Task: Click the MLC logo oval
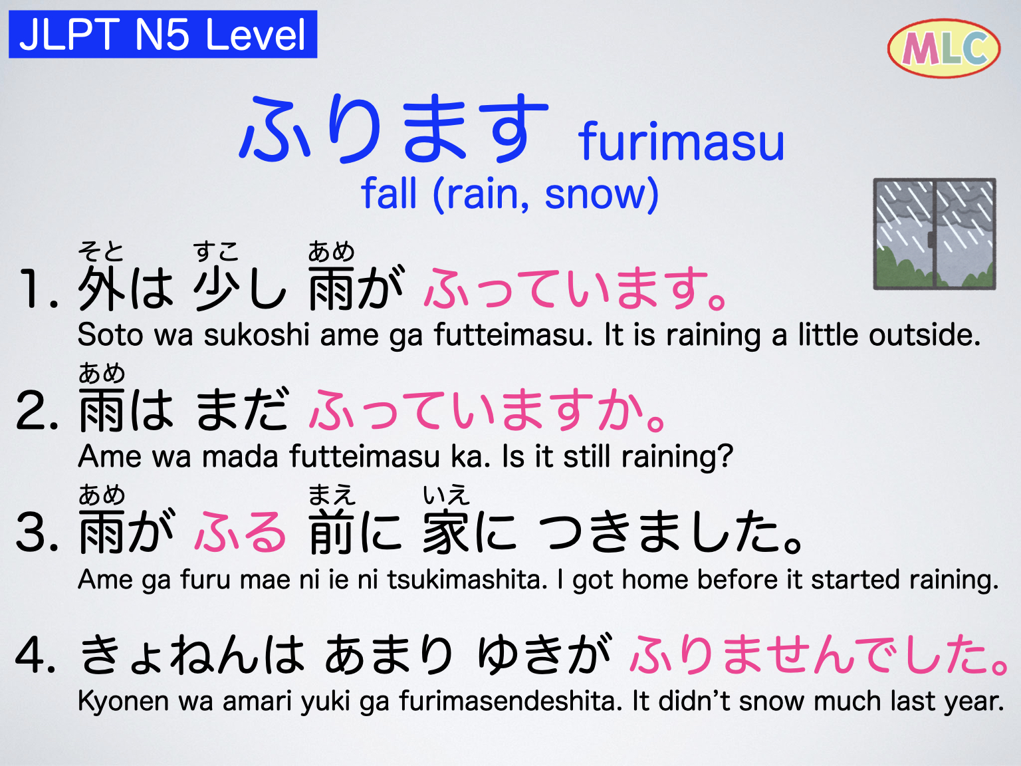click(x=943, y=48)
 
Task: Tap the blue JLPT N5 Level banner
click(x=163, y=35)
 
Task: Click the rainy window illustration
click(x=935, y=234)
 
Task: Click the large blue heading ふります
click(x=394, y=129)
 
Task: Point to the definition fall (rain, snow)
click(x=510, y=194)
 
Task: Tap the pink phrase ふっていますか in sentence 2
click(x=489, y=410)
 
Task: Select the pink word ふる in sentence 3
click(x=241, y=533)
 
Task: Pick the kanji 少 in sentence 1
click(x=217, y=289)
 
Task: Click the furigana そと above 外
click(x=101, y=251)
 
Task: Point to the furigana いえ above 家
click(x=446, y=495)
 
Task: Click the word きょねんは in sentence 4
click(x=192, y=655)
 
